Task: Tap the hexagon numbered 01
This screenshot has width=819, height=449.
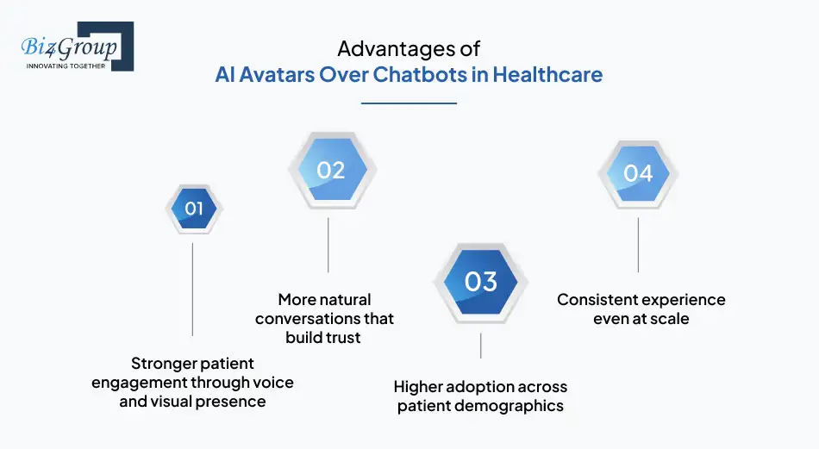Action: (194, 208)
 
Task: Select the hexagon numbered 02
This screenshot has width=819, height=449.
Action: (328, 170)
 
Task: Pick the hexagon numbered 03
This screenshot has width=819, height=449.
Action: (480, 282)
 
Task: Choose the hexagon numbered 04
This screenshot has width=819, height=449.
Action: (638, 173)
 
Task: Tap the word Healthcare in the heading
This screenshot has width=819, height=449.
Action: (547, 74)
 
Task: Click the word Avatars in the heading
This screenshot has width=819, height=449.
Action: (275, 74)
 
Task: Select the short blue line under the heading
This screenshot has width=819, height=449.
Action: (409, 103)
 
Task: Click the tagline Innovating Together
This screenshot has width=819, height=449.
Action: (66, 65)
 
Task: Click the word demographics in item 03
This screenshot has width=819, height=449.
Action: (514, 406)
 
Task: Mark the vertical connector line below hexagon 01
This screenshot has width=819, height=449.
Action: (192, 289)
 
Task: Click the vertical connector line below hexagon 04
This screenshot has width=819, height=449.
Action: (638, 245)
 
